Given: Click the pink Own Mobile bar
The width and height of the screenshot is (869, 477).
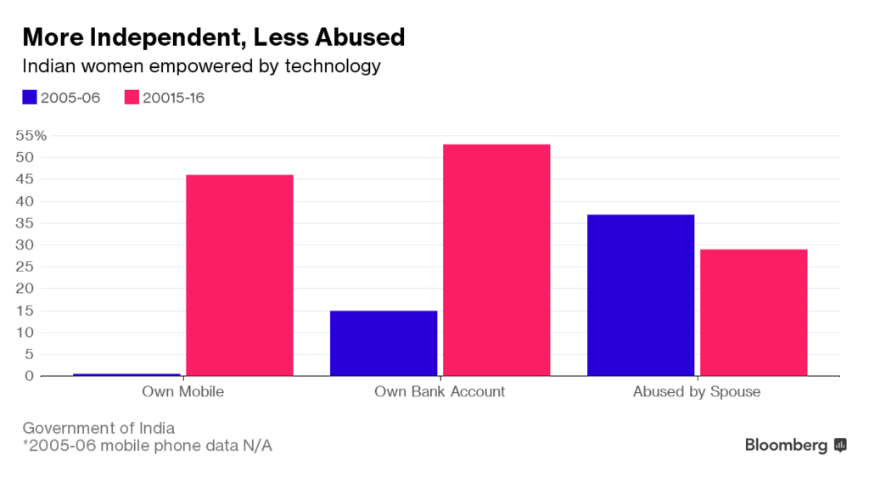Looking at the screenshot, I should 239,275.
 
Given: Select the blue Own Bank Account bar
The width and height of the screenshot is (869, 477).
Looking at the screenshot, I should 384,343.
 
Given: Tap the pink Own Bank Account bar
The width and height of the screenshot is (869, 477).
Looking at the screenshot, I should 496,260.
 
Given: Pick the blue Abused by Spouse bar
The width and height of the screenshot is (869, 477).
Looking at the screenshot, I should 641,295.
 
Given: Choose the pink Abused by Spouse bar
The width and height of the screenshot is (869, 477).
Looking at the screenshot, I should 754,312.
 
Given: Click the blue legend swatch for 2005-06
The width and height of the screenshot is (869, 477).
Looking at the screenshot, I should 30,98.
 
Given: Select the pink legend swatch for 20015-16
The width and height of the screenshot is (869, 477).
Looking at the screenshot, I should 132,98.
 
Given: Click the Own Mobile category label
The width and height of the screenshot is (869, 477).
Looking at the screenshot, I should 182,392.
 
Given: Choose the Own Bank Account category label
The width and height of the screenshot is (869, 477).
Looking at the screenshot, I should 440,392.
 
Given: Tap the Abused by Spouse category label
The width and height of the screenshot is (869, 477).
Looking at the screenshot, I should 697,392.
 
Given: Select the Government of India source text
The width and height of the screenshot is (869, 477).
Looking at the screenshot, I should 98,428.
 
